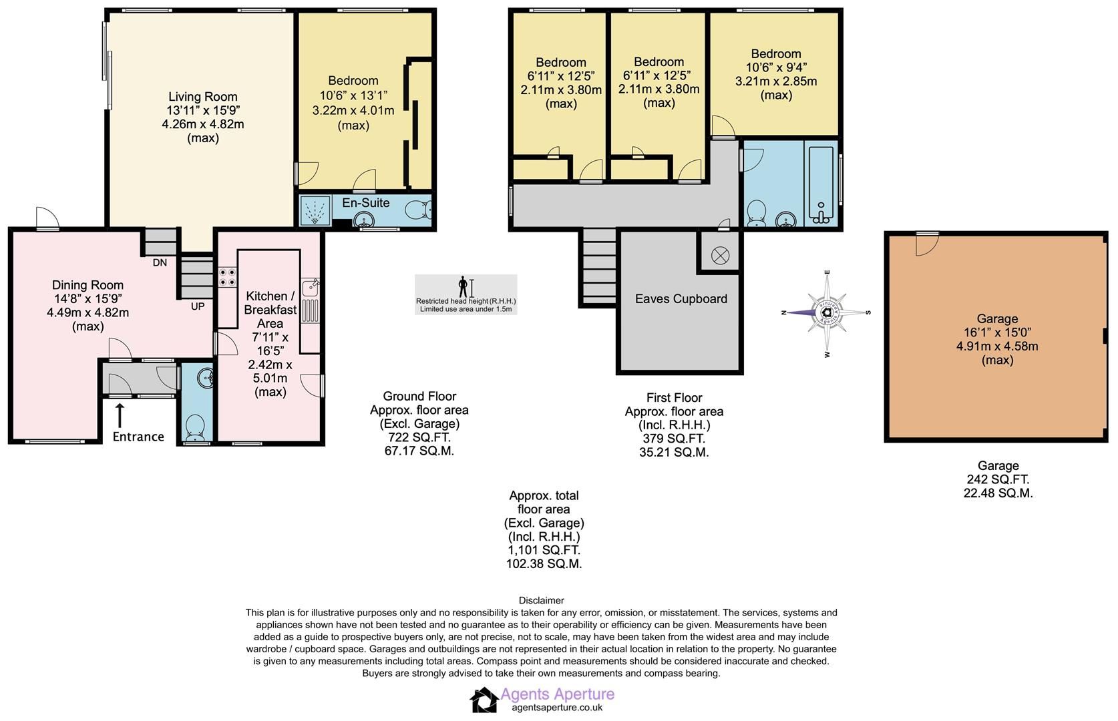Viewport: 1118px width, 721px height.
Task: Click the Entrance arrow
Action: pyautogui.click(x=120, y=415)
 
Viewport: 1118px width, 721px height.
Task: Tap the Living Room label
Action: pyautogui.click(x=202, y=97)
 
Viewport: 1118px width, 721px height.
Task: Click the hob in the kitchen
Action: pyautogui.click(x=227, y=276)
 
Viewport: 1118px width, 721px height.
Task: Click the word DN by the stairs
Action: pyautogui.click(x=160, y=263)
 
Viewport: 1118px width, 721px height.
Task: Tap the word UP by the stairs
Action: pyautogui.click(x=198, y=306)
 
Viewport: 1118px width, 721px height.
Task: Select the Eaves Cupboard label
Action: pyautogui.click(x=681, y=299)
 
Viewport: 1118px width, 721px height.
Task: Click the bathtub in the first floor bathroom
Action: pyautogui.click(x=821, y=183)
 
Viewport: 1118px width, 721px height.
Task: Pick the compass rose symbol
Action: pyautogui.click(x=827, y=312)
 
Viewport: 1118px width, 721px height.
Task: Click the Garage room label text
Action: pyautogui.click(x=997, y=319)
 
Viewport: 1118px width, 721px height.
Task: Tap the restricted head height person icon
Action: pyautogui.click(x=463, y=287)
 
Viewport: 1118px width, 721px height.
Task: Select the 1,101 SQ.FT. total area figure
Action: pyautogui.click(x=544, y=550)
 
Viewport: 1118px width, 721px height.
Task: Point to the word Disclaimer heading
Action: pyautogui.click(x=541, y=600)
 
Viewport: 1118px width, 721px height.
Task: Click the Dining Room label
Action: pyautogui.click(x=87, y=285)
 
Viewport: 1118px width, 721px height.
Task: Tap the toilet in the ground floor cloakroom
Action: pyautogui.click(x=196, y=427)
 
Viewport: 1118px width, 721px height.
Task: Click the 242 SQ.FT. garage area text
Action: pyautogui.click(x=998, y=479)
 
